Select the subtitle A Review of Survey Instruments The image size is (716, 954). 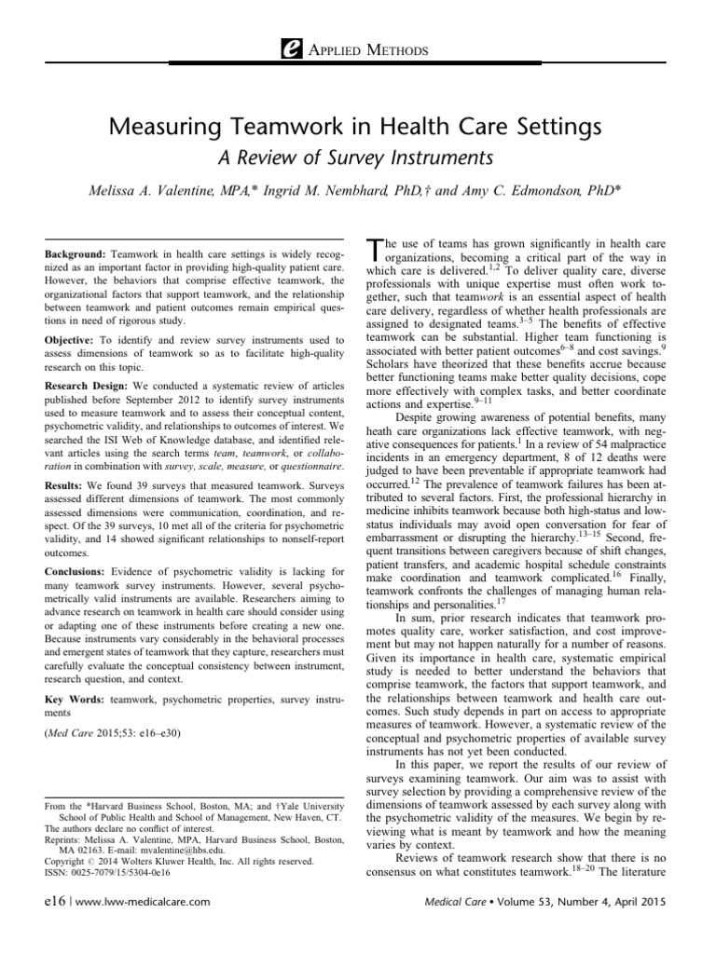[x=357, y=155]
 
